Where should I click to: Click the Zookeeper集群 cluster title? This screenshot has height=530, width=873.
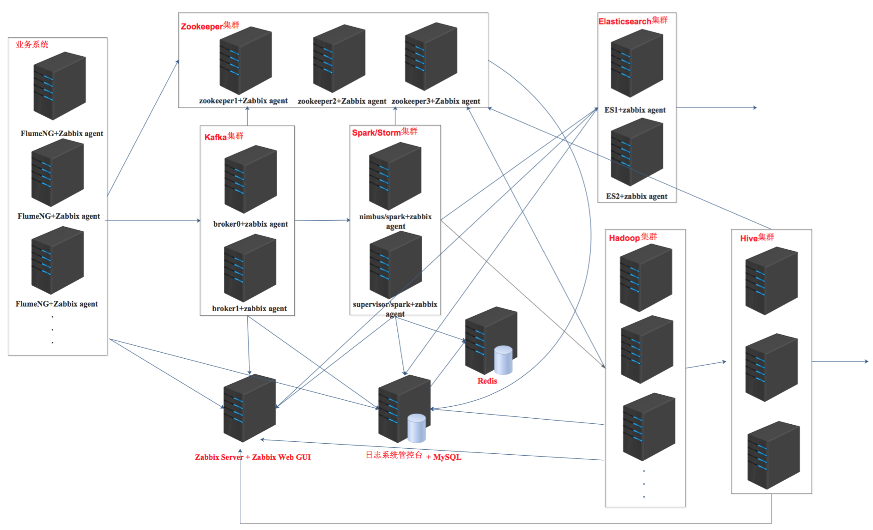coord(210,26)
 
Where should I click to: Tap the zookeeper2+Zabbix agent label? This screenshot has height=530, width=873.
coord(342,101)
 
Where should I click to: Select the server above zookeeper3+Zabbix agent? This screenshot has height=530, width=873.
coord(431,56)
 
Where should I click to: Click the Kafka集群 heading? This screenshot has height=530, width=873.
coord(224,137)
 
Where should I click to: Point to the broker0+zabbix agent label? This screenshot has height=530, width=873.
coord(250,224)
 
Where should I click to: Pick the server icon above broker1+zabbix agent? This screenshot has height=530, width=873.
coord(250,268)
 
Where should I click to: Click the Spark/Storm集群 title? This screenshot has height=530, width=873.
coord(384,132)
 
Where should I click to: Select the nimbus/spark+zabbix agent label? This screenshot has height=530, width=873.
coord(395,221)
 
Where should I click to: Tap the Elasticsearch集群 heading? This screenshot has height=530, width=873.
coord(633,21)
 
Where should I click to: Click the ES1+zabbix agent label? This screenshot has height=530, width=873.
coord(635,110)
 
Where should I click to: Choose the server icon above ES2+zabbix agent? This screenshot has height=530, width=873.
coord(637,151)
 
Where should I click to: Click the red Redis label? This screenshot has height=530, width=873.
coord(487,381)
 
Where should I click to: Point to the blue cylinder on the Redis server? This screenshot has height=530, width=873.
coord(503,360)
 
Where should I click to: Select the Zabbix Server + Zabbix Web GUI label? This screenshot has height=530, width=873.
coord(253,457)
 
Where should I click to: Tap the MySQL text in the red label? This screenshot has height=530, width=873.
coord(447,457)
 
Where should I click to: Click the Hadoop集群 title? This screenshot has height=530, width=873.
coord(632,237)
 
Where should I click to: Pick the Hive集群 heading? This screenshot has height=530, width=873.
coord(757,238)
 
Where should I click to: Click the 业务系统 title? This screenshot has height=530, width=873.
coord(32,44)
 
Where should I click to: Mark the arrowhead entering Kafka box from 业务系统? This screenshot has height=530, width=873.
coord(198,221)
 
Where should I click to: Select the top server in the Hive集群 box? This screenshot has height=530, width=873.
coord(771,281)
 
